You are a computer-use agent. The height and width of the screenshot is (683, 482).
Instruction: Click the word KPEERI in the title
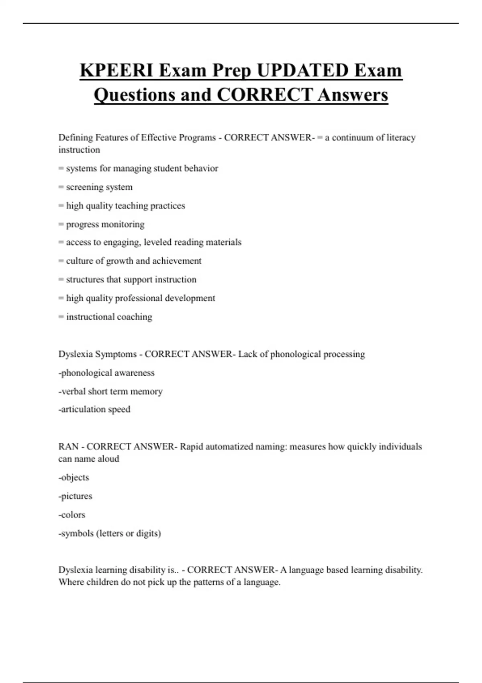[116, 71]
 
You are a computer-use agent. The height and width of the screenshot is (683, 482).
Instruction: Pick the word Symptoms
[115, 354]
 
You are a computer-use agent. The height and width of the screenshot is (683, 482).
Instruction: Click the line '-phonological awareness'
[106, 373]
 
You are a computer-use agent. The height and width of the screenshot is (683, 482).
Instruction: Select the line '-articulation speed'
[94, 409]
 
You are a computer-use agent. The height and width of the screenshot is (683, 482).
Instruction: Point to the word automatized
[231, 447]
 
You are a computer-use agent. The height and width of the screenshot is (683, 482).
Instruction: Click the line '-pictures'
[76, 496]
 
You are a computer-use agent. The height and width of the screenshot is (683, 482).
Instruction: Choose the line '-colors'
[72, 515]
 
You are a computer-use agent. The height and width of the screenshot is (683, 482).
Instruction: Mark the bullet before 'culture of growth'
[61, 261]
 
